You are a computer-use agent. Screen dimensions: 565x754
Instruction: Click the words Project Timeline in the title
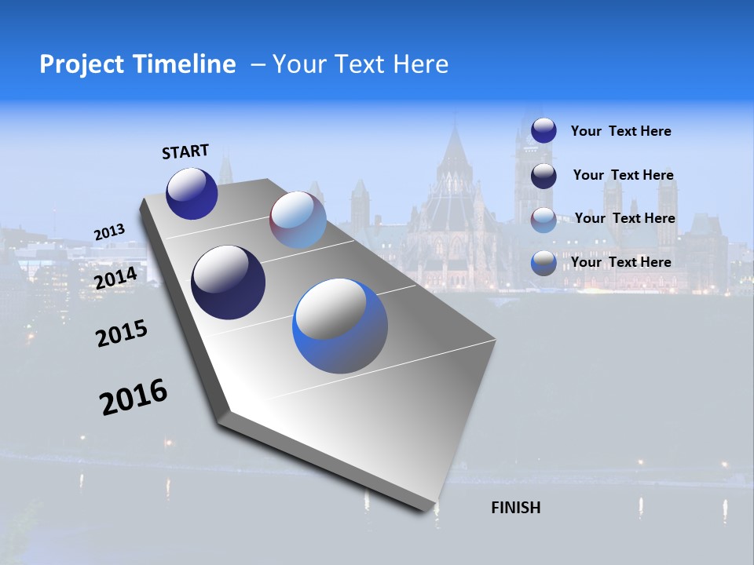point(137,64)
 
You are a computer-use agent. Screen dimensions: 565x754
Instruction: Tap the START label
point(185,151)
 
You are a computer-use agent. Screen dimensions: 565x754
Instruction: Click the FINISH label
point(516,508)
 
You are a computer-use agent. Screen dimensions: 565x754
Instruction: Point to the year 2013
point(109,232)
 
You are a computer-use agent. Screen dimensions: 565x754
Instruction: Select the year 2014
point(116,278)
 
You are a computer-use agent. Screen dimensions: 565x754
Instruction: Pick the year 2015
point(122,333)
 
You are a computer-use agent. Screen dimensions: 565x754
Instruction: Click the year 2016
point(134,396)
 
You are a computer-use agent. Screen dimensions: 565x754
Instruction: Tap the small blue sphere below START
point(192,193)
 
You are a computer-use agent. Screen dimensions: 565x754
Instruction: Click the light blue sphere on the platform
point(298,220)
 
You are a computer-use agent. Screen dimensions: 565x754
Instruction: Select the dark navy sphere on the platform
point(229,282)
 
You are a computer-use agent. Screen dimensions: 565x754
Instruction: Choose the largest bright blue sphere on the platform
point(340,326)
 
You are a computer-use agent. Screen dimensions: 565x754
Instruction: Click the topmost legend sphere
point(544,130)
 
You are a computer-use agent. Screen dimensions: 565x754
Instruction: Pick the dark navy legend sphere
point(544,176)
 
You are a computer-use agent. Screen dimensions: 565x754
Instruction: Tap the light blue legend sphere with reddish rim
point(544,220)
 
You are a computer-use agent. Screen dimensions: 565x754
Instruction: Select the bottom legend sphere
point(544,263)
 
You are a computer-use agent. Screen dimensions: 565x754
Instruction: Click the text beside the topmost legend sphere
point(620,131)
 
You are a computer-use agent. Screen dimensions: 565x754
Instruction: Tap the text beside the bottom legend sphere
point(620,262)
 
